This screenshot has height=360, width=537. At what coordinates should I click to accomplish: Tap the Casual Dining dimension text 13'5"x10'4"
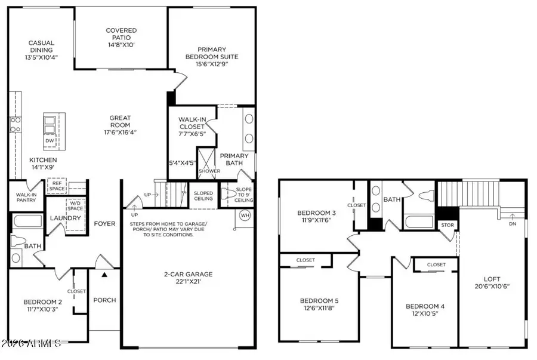tap(41, 58)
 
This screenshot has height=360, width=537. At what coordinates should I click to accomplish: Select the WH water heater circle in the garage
tap(245, 215)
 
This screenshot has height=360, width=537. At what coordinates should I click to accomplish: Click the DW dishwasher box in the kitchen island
tap(51, 141)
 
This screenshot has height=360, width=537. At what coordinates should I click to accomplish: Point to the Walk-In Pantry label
tap(26, 196)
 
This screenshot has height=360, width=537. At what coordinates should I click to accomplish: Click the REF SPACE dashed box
tap(57, 187)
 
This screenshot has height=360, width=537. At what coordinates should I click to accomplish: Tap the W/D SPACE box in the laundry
tap(75, 205)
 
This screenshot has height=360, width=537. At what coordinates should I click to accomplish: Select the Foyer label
tap(104, 224)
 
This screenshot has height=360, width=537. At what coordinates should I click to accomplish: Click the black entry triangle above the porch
tap(104, 275)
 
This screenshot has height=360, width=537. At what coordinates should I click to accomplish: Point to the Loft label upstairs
tap(492, 278)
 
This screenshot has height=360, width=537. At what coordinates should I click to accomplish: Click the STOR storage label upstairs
tap(447, 225)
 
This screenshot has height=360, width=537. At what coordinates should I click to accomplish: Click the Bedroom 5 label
tap(319, 300)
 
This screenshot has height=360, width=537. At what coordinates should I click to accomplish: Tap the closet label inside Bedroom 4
tap(436, 264)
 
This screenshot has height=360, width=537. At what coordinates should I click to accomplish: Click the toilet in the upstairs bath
tap(425, 195)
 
